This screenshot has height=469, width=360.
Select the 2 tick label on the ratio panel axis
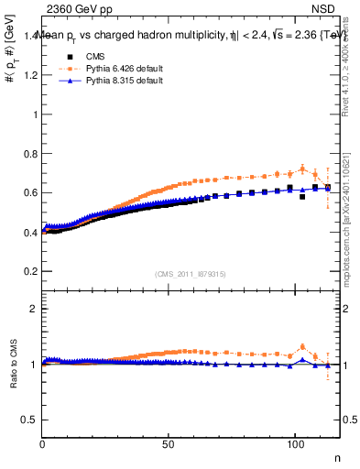pos(34,309)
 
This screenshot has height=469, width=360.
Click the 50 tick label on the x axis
pos(169,444)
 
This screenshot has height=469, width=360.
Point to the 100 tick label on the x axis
pos(294,444)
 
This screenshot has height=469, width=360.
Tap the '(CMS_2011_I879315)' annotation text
pos(191,274)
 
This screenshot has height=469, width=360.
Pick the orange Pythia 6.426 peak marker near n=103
pos(302,169)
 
